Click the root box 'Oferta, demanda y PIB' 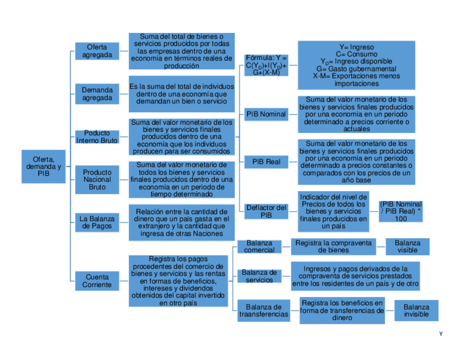(x=43, y=166)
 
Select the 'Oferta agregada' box (x=97, y=51)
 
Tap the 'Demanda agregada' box (x=97, y=94)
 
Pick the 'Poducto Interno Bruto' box (x=97, y=137)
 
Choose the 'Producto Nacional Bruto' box (x=97, y=179)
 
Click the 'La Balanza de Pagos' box (x=97, y=222)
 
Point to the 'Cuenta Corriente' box (x=97, y=281)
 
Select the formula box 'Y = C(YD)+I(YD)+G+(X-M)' (x=266, y=65)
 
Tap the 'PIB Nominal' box (x=266, y=114)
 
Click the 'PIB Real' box (x=266, y=162)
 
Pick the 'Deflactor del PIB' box (x=266, y=211)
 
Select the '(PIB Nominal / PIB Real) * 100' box (x=401, y=211)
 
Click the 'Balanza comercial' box (x=259, y=247)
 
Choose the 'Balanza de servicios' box (x=259, y=276)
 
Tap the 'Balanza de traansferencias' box (x=264, y=311)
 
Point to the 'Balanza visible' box (x=407, y=247)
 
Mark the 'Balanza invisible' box (x=416, y=311)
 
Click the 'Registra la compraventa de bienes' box (x=334, y=247)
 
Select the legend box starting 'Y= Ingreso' (x=356, y=65)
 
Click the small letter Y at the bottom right (x=441, y=334)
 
